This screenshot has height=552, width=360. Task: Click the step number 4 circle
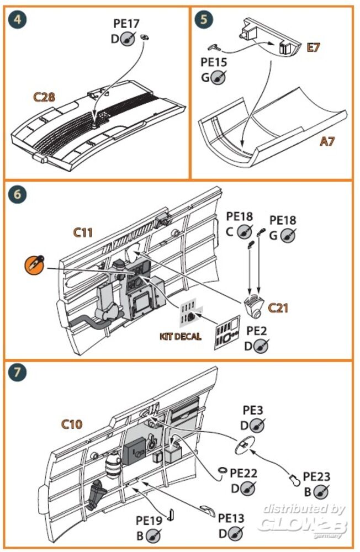18,20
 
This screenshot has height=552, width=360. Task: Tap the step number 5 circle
204,20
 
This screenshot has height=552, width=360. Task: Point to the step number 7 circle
18,373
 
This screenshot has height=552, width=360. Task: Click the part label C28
44,97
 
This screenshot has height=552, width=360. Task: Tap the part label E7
314,48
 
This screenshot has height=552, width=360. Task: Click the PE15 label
214,62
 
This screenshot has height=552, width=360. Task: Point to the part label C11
83,232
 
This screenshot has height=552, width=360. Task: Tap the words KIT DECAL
181,336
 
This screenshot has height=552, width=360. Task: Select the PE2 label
256,331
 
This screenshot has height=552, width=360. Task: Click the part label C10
72,424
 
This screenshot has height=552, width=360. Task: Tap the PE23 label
316,476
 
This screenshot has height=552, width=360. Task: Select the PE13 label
231,518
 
